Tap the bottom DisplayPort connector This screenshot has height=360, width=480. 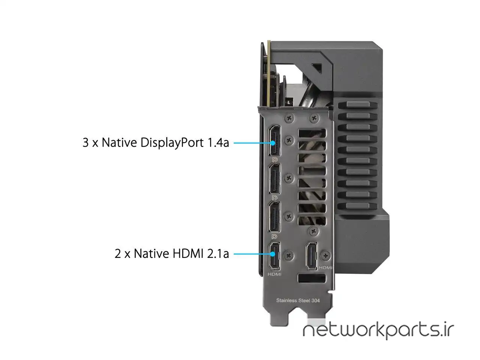tap(274, 217)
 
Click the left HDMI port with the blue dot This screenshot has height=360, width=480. tap(274, 256)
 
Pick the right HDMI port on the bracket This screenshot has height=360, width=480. tap(311, 256)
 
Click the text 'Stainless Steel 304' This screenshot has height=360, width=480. tap(298, 300)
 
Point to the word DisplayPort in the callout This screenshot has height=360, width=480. tap(172, 143)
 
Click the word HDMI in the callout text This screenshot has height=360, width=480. tap(188, 253)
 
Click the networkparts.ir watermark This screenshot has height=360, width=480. tap(378, 330)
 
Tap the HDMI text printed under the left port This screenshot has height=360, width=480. tap(274, 274)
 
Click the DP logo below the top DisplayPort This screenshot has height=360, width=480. tap(274, 160)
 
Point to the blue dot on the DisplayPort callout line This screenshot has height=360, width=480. tap(273, 143)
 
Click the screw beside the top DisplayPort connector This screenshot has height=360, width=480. tap(289, 139)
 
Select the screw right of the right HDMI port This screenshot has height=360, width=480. tap(325, 255)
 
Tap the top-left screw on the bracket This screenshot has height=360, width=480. tap(289, 118)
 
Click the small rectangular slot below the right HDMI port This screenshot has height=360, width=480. tap(312, 279)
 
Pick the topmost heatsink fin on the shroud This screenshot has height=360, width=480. tap(358, 105)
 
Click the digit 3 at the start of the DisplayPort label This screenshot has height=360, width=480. tap(85, 143)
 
